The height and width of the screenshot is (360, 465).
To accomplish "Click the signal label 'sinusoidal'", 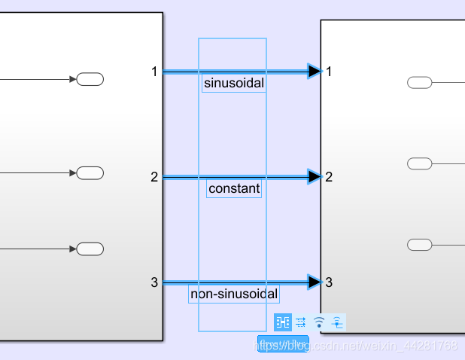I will (234, 84).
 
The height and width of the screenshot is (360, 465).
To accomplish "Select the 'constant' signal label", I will (234, 189).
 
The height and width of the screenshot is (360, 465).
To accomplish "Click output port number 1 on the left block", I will (154, 72).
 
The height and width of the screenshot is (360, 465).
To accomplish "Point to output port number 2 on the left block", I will (154, 177).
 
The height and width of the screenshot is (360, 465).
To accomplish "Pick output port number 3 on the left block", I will (154, 282).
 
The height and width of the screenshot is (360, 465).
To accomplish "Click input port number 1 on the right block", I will (329, 72).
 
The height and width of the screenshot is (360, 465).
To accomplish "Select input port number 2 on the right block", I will (329, 177).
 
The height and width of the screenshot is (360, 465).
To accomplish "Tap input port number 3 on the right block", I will (329, 282).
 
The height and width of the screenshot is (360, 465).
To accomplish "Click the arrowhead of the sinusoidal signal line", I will (315, 72).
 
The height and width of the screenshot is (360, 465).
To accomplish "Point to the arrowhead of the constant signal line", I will (315, 177).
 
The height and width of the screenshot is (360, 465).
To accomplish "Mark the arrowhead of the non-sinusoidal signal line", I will (315, 282).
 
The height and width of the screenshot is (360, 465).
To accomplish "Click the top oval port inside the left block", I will (90, 79).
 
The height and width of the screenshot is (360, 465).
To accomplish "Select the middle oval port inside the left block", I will (90, 173).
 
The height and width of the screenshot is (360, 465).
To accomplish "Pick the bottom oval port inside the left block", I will (90, 249).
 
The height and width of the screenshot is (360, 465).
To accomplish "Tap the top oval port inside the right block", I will (419, 82).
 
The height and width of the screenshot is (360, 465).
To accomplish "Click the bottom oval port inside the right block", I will (419, 244).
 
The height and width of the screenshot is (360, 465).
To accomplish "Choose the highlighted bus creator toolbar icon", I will (283, 322).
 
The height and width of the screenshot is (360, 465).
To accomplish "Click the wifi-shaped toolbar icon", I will (319, 322).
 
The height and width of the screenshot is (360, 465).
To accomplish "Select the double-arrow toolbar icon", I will (301, 322).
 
